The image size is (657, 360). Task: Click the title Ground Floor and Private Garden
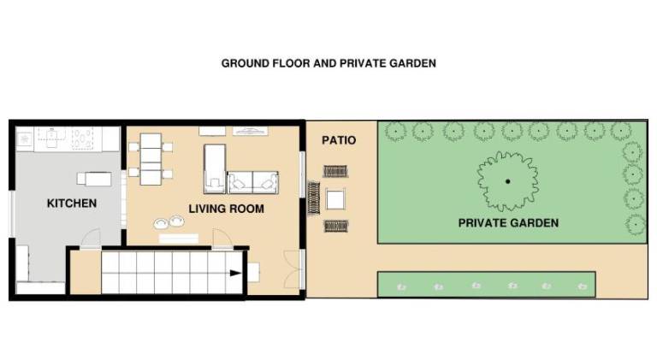point(328,63)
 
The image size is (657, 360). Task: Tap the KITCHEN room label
point(72,204)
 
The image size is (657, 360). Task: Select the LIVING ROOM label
point(226,209)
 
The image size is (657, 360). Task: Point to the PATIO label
point(339,140)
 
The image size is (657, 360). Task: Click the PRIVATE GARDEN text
point(508,222)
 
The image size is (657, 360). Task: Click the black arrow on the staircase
point(235,274)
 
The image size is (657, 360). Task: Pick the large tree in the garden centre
point(508,181)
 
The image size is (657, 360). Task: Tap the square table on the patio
point(335,199)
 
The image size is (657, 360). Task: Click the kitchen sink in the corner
point(25,139)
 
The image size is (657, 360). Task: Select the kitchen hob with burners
point(82,139)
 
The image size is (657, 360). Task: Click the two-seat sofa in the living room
point(252,182)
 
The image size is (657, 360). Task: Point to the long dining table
point(151,159)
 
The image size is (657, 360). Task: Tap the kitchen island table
point(98,179)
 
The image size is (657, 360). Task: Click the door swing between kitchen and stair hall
point(91,239)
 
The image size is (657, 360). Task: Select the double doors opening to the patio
point(293,269)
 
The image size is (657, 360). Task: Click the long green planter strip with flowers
point(487,285)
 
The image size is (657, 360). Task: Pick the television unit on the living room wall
point(250,131)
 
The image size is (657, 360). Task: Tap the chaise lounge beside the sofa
point(215,169)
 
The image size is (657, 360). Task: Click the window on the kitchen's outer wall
point(12,214)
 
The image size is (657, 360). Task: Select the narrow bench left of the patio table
point(314,198)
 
